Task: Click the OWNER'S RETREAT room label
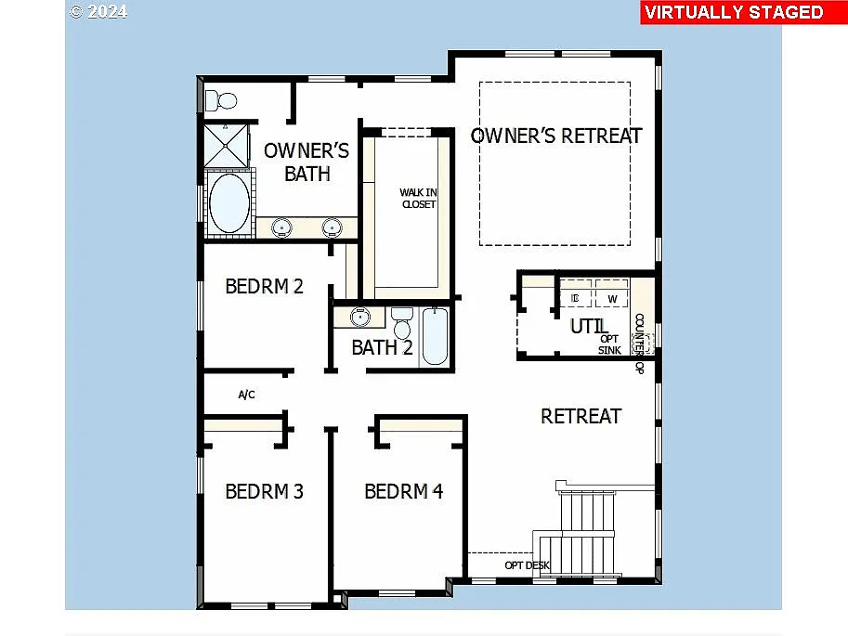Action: tap(555, 136)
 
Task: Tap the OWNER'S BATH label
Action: tap(307, 162)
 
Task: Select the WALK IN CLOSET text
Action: tap(418, 198)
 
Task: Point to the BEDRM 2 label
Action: tap(264, 286)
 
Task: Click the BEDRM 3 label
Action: tap(264, 491)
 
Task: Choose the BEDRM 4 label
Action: tap(403, 491)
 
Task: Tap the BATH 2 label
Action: tap(382, 348)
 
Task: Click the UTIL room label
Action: tap(589, 326)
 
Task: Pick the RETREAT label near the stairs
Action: tap(581, 416)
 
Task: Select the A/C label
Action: tap(246, 395)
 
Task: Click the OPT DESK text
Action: tap(527, 565)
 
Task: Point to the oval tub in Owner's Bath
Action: tap(228, 203)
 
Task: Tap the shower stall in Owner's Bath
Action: tap(227, 144)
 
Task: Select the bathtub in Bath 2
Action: tap(434, 336)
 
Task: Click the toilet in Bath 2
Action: tap(402, 324)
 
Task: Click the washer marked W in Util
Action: tap(612, 298)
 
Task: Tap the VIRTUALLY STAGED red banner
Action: tap(734, 12)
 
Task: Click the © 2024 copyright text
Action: tap(98, 12)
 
